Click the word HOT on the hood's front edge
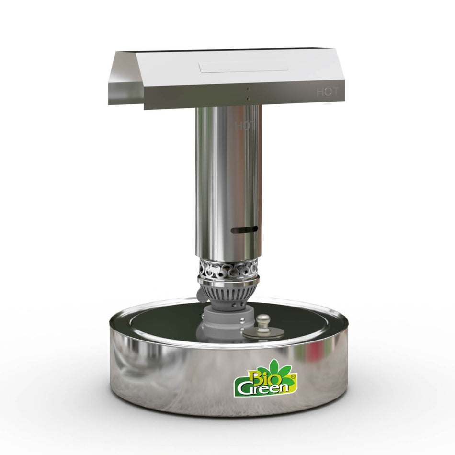[327, 92]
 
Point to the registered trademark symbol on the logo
[294, 377]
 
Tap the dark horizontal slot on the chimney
[244, 230]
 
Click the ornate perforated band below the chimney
[228, 269]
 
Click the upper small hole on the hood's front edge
[248, 89]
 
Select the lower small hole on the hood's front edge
[248, 99]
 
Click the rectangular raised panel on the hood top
[244, 67]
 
